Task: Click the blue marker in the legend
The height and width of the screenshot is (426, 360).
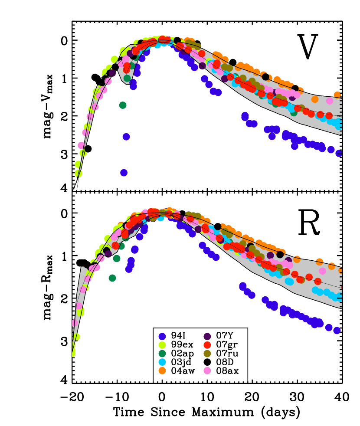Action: (x=162, y=337)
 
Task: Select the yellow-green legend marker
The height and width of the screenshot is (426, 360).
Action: (x=162, y=345)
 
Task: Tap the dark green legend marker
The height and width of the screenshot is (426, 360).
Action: (x=162, y=354)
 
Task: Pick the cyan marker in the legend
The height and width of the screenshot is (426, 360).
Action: (x=162, y=362)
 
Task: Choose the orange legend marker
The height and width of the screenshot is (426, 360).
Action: (x=162, y=370)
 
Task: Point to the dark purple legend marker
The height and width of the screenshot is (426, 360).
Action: (x=207, y=337)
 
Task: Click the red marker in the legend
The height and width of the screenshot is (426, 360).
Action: (x=207, y=345)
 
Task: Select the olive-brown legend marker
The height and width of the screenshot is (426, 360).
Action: (x=207, y=354)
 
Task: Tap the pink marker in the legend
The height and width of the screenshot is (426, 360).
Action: (x=207, y=370)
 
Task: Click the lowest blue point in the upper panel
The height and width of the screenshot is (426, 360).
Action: (x=124, y=173)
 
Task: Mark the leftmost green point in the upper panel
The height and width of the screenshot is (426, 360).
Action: (x=123, y=105)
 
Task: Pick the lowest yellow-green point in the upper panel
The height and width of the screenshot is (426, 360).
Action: (x=79, y=174)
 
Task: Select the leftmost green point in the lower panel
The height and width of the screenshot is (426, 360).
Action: (x=112, y=278)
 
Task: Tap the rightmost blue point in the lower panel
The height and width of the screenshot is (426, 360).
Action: (x=337, y=331)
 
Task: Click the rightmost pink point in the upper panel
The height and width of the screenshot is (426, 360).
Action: (x=330, y=101)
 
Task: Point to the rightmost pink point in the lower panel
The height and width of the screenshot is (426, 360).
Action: (x=323, y=271)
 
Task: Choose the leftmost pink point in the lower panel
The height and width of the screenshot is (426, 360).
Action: (x=75, y=323)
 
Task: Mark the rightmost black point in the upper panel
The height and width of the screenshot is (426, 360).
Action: (x=295, y=88)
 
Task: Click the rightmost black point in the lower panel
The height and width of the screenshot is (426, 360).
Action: (x=280, y=255)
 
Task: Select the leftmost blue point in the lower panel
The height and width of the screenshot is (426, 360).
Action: (x=129, y=269)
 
